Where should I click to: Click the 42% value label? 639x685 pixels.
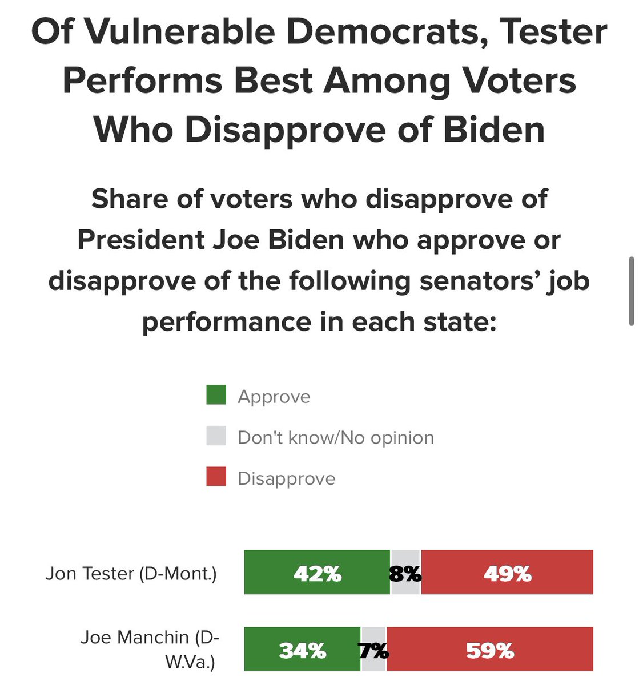point(317,573)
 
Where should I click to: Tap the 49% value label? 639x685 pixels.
point(507,573)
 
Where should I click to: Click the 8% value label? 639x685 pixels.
point(405,573)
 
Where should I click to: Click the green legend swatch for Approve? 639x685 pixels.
point(216,395)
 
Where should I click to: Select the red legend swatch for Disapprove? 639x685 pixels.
point(216,477)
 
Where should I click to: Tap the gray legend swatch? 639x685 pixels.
point(216,436)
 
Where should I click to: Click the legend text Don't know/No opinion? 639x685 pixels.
point(336,437)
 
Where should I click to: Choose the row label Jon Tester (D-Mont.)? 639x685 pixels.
point(131,573)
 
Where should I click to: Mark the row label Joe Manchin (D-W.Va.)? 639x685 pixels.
point(150,650)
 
